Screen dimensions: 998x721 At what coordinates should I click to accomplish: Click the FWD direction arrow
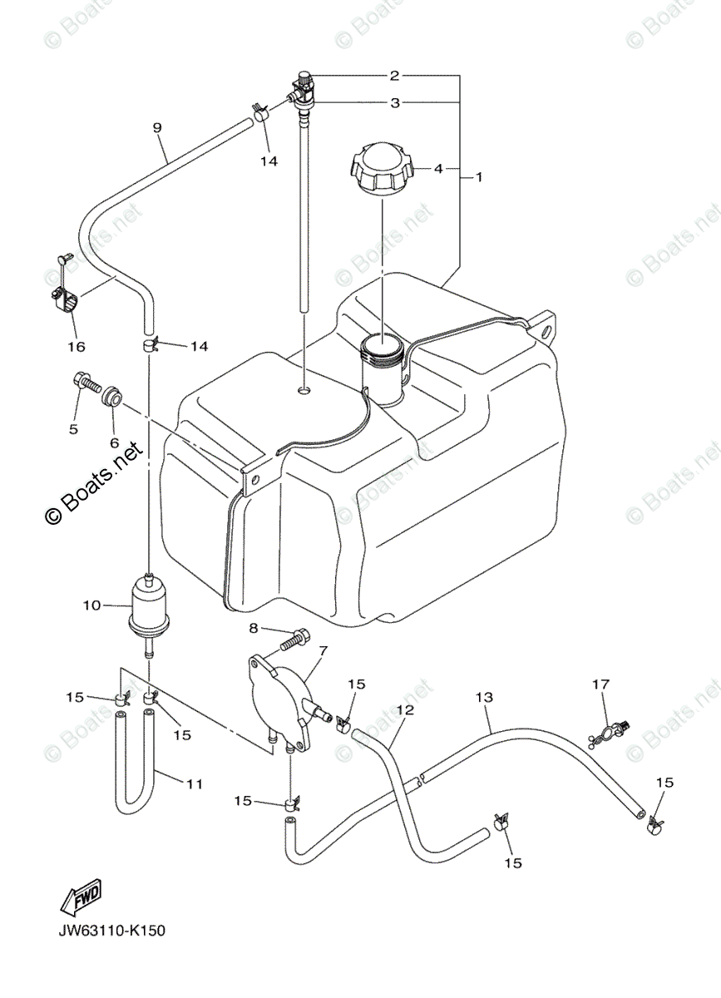[81, 898]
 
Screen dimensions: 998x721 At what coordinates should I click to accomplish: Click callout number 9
[157, 127]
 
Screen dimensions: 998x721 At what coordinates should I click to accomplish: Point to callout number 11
[194, 783]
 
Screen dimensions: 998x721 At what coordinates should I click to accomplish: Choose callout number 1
[479, 176]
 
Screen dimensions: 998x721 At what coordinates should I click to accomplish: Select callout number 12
[405, 709]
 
